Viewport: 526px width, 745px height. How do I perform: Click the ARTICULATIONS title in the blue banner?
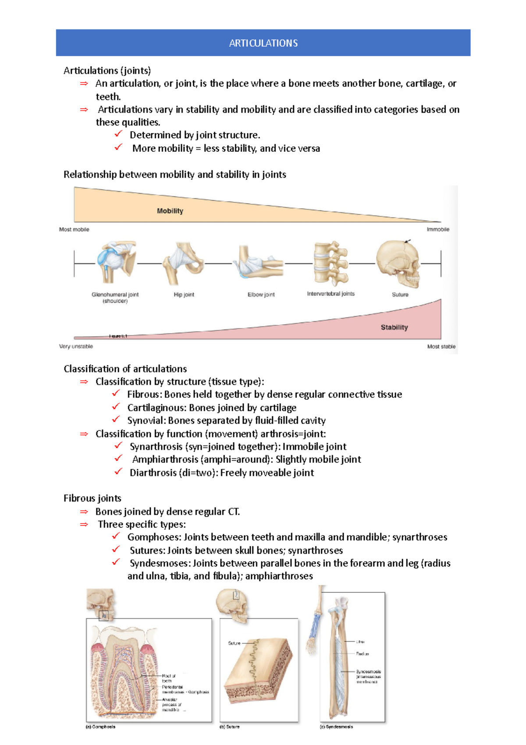(x=263, y=43)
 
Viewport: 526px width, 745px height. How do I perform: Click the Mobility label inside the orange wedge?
(x=170, y=211)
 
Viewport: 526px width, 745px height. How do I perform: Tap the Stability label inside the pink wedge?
(x=394, y=327)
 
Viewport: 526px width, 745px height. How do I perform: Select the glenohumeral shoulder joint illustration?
(x=115, y=262)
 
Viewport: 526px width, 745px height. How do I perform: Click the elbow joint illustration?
(x=259, y=262)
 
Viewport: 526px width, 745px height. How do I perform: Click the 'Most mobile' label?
(x=74, y=229)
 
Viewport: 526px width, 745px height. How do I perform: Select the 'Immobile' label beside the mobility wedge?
(x=437, y=229)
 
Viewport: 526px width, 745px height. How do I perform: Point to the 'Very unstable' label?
(x=76, y=347)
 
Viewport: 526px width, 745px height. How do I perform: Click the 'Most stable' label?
(x=441, y=347)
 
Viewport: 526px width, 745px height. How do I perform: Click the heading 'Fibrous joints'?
(x=92, y=498)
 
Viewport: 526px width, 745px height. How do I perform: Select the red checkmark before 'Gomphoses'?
(x=116, y=536)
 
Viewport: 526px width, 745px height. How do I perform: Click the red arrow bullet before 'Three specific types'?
(x=84, y=525)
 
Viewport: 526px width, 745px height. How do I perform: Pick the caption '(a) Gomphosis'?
(x=100, y=727)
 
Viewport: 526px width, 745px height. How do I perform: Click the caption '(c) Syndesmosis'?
(x=336, y=727)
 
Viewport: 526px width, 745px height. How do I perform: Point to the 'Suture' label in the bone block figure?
(x=234, y=643)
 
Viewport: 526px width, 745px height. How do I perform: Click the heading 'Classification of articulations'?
(x=125, y=369)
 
